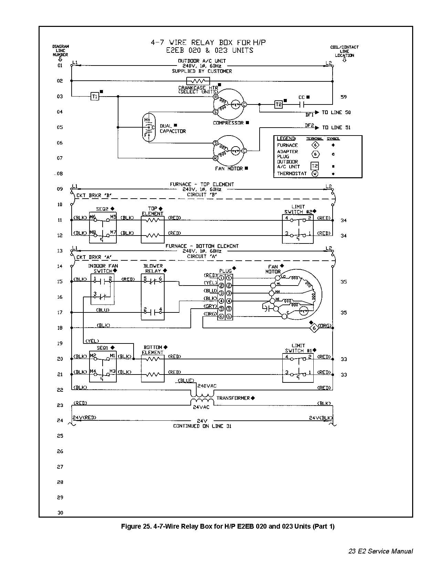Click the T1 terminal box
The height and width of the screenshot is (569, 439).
pyautogui.click(x=95, y=97)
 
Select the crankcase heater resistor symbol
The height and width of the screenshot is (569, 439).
pyautogui.click(x=198, y=81)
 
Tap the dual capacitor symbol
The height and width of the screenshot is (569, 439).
pyautogui.click(x=148, y=128)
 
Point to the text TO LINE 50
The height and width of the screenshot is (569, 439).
pyautogui.click(x=336, y=112)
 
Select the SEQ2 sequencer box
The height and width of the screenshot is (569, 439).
pyautogui.click(x=103, y=228)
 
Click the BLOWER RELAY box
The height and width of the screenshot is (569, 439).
pyautogui.click(x=153, y=297)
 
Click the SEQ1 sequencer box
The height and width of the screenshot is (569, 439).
pyautogui.click(x=103, y=366)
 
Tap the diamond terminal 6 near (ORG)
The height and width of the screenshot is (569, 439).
pyautogui.click(x=314, y=328)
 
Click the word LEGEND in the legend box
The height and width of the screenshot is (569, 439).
pyautogui.click(x=286, y=138)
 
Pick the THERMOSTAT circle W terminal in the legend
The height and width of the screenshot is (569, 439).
pyautogui.click(x=315, y=174)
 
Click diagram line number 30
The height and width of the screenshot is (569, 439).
pyautogui.click(x=60, y=513)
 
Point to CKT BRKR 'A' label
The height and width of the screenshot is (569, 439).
pyautogui.click(x=94, y=257)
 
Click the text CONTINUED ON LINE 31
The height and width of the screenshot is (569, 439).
pyautogui.click(x=202, y=426)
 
